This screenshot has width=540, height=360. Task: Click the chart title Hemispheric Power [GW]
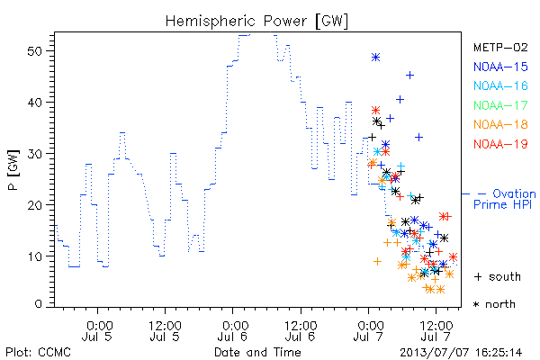[256, 22]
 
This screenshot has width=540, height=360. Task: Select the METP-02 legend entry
[500, 47]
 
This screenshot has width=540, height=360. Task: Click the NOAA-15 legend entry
[500, 67]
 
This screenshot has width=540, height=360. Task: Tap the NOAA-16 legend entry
[500, 85]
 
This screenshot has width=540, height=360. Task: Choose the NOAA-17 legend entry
[500, 105]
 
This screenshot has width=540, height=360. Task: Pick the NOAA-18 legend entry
[500, 124]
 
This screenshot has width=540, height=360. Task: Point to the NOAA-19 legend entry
[500, 144]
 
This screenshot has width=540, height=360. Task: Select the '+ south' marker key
[498, 276]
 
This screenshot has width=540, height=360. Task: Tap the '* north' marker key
[494, 304]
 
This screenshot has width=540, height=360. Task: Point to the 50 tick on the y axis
[34, 51]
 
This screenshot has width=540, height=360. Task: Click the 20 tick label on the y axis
[34, 205]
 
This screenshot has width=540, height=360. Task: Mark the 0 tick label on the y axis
[38, 304]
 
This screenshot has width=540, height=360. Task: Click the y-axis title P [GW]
[13, 170]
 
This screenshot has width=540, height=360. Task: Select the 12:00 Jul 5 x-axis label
[165, 331]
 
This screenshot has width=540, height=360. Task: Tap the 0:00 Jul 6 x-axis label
[233, 331]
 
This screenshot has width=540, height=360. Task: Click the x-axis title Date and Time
[257, 352]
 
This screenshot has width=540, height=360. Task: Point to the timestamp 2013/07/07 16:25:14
[461, 353]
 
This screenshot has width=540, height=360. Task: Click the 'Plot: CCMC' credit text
[38, 353]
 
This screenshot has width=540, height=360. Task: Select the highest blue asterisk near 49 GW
[375, 58]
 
